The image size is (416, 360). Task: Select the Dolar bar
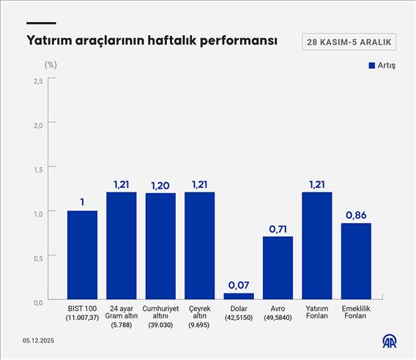(239, 296)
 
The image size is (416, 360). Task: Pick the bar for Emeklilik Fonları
(356, 261)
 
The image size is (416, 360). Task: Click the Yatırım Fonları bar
(317, 246)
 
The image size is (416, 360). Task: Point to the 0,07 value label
(239, 285)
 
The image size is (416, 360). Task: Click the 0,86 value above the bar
(356, 215)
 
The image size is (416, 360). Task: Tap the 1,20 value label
(160, 185)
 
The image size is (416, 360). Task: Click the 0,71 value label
(278, 229)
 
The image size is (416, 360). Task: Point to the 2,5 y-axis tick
(37, 80)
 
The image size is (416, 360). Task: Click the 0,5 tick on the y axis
(37, 257)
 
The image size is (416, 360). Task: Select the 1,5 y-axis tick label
(37, 169)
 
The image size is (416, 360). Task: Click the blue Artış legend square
(371, 66)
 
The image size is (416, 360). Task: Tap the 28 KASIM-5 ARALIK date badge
(349, 42)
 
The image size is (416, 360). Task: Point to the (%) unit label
(51, 64)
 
